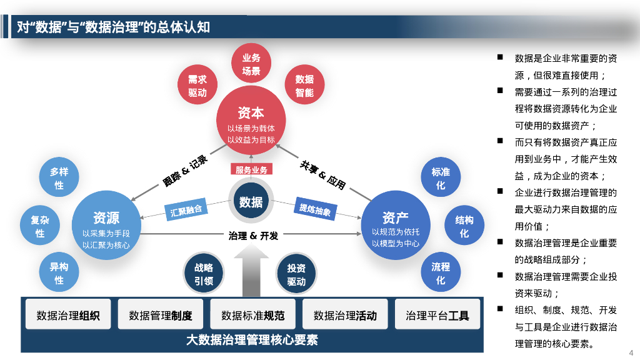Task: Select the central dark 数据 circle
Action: (x=251, y=201)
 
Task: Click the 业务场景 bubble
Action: (x=251, y=64)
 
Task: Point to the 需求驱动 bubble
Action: (x=197, y=86)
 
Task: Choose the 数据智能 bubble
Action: (x=304, y=86)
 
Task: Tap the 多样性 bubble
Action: (x=59, y=178)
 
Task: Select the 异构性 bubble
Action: (x=59, y=273)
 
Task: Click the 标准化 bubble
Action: (x=441, y=178)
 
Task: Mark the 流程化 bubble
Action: (x=441, y=273)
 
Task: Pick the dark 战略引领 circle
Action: (x=204, y=274)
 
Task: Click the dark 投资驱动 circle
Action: (x=296, y=274)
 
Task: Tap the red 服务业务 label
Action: (x=251, y=169)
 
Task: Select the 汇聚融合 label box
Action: (x=186, y=210)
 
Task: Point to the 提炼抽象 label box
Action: (x=315, y=210)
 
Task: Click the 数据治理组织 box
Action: (x=68, y=315)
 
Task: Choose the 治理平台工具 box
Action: (x=437, y=315)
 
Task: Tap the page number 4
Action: (x=631, y=352)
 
